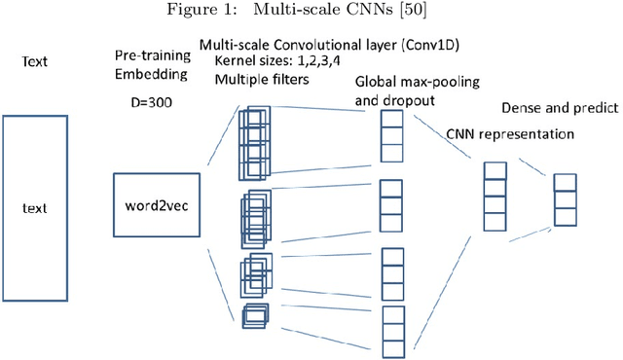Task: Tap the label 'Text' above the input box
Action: [x=33, y=62]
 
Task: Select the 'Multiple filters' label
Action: [x=258, y=79]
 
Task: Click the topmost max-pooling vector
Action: [x=390, y=134]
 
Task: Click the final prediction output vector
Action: [x=566, y=199]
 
